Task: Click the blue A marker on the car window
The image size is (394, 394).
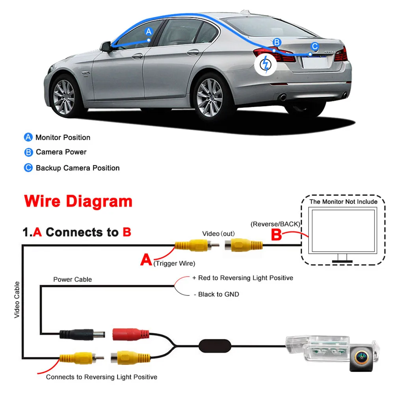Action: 149,32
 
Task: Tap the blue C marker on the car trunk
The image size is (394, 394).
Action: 314,46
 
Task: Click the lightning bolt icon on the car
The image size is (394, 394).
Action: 266,64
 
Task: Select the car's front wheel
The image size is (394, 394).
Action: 64,97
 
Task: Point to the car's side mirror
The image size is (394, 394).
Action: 106,46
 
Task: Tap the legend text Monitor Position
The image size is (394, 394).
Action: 63,138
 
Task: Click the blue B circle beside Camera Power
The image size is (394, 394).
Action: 28,152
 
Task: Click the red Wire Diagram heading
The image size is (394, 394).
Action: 78,201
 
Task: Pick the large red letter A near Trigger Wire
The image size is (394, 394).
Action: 146,259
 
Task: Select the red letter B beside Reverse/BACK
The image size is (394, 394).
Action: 277,235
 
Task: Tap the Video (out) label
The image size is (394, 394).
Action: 218,234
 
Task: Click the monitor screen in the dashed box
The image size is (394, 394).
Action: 343,230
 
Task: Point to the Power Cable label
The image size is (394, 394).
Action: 72,279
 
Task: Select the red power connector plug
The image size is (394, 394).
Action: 131,335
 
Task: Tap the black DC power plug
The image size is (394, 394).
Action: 82,335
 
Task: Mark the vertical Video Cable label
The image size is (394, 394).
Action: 17,300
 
